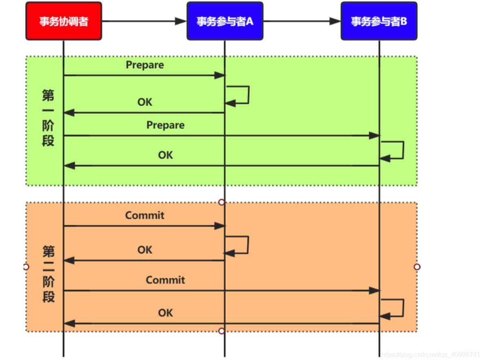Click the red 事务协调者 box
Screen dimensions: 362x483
point(64,21)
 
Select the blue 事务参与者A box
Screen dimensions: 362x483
point(225,21)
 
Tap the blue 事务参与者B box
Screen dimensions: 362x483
point(379,21)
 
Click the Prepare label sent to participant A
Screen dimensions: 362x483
point(145,65)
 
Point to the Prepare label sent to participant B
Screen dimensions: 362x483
point(165,125)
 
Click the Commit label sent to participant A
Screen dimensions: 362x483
point(145,215)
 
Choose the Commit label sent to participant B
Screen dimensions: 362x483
point(165,280)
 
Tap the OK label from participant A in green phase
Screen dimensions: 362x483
point(145,102)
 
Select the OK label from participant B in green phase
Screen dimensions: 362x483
point(165,155)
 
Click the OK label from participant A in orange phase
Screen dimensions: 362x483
point(145,250)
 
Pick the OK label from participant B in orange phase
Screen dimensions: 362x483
point(165,313)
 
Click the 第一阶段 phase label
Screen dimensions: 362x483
point(48,118)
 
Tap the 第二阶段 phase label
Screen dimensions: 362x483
point(48,274)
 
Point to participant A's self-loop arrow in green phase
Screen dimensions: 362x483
point(248,95)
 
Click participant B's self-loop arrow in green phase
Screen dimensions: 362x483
point(403,150)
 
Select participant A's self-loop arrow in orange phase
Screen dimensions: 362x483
point(247,245)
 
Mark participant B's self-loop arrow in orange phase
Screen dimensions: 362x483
point(403,308)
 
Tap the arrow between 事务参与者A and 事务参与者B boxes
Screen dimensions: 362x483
point(302,21)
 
